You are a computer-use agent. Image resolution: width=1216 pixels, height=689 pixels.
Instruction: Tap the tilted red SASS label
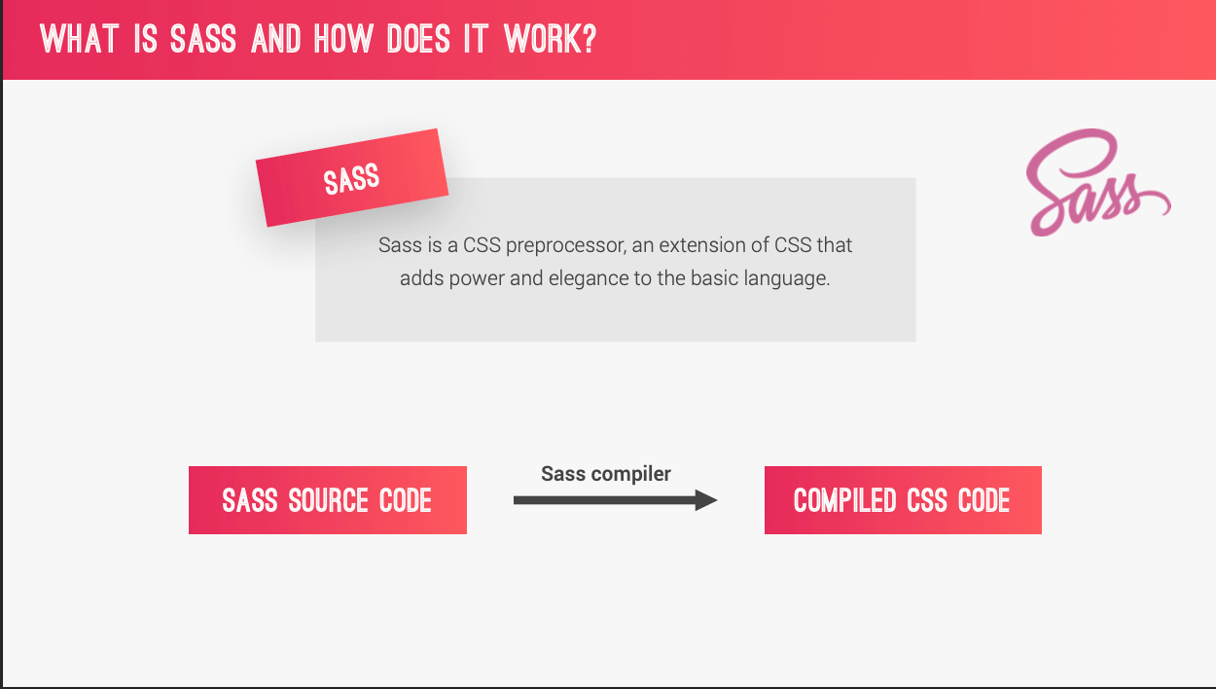(351, 178)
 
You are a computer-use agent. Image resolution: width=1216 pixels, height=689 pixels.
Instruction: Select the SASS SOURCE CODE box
(327, 500)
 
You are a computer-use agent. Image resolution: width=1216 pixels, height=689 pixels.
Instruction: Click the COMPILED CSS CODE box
(903, 500)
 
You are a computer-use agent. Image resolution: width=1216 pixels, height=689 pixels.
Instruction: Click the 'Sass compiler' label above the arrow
(606, 474)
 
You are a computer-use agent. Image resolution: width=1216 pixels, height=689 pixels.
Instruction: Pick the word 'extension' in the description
(700, 244)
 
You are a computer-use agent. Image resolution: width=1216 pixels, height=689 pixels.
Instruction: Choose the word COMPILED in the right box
(844, 500)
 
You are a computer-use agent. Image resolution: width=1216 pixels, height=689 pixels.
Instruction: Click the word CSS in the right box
(927, 500)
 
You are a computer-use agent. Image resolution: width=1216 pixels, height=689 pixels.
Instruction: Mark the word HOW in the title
(343, 40)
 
